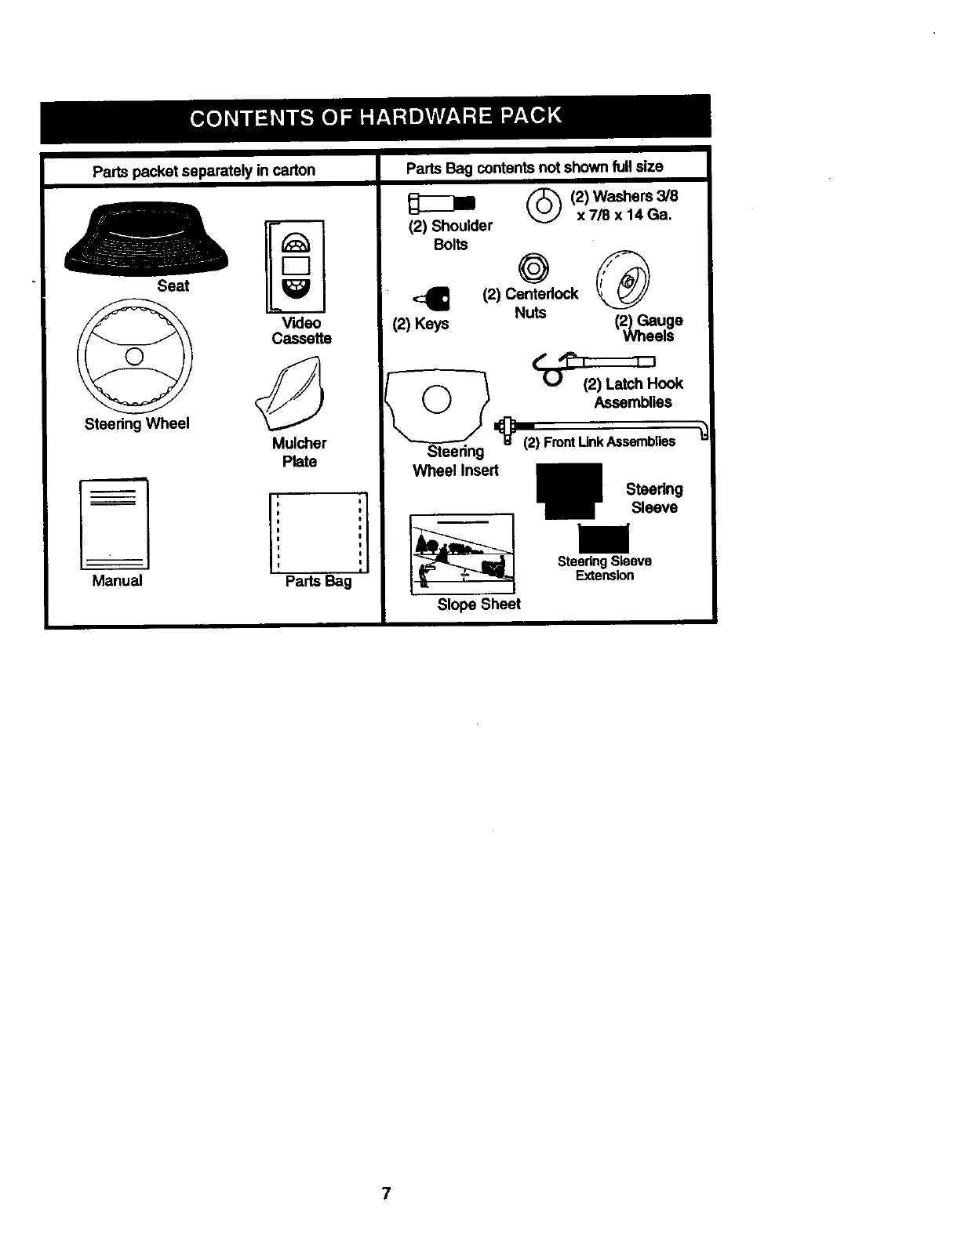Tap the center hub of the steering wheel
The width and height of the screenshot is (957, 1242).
tap(134, 358)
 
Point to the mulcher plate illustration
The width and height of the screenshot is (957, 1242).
tap(291, 394)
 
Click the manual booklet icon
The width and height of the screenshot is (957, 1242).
tap(115, 524)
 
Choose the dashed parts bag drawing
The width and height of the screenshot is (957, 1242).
tap(318, 532)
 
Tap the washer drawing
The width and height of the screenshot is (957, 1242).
tap(544, 205)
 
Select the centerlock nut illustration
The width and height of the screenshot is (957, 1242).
tap(534, 268)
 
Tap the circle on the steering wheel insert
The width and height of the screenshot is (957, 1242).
tap(436, 400)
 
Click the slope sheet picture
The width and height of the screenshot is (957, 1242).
tap(462, 554)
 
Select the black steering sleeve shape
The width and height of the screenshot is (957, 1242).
tap(569, 490)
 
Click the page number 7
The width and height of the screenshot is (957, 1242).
tap(386, 1194)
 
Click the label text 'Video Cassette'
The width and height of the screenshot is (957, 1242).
tap(302, 331)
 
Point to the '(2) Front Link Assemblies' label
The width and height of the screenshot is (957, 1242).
tap(599, 441)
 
